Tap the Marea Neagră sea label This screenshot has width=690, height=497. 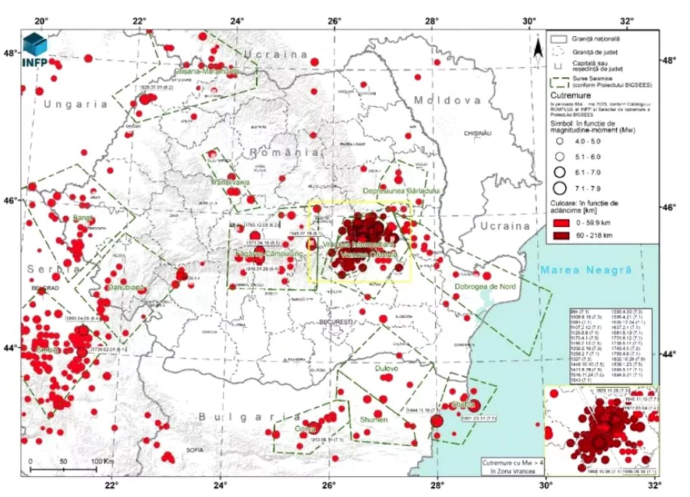[x=586, y=270]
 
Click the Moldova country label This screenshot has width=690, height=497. [x=447, y=100]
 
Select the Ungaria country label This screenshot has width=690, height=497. [x=75, y=105]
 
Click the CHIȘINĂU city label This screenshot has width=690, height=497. [x=478, y=133]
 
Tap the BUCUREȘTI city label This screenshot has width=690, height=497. [x=336, y=322]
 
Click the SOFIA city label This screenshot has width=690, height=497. [x=195, y=449]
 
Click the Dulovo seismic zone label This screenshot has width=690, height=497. [x=386, y=368]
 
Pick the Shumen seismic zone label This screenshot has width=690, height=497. [x=374, y=420]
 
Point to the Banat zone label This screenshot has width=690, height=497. [x=83, y=218]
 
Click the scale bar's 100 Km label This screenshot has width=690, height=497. [x=102, y=462]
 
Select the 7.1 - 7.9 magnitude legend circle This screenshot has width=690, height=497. [x=559, y=188]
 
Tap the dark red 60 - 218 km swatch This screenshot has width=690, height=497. [x=562, y=235]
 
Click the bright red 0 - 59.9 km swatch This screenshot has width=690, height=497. [x=562, y=223]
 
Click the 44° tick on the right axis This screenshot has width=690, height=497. [x=667, y=354]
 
